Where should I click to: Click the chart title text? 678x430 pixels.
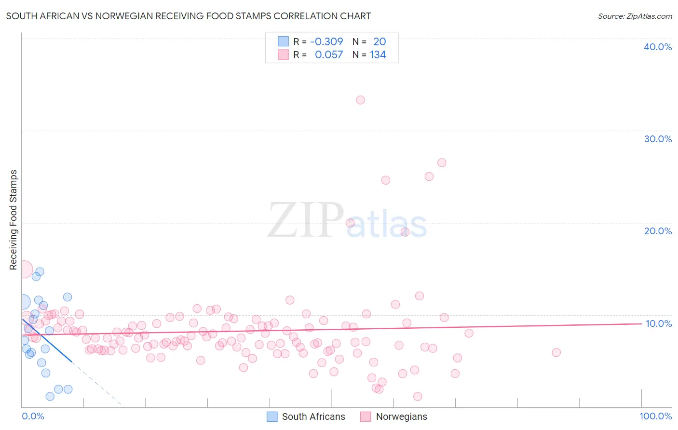click(x=188, y=16)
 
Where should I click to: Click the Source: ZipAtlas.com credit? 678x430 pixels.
click(x=635, y=16)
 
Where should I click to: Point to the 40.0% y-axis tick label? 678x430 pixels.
click(x=657, y=47)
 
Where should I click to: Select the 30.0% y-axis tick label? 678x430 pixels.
click(x=657, y=139)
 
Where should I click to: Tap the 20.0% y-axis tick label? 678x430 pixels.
click(x=657, y=231)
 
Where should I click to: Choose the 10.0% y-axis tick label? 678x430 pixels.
click(x=658, y=323)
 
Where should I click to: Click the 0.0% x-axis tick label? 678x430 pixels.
click(x=33, y=416)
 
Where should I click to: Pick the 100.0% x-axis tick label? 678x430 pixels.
click(x=655, y=416)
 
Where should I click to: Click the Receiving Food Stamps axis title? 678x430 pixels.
click(x=14, y=220)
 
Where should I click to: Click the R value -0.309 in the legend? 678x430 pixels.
click(x=326, y=42)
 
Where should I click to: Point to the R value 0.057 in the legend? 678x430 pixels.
click(x=328, y=55)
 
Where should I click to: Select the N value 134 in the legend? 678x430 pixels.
click(x=378, y=55)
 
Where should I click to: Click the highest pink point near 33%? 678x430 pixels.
click(x=360, y=100)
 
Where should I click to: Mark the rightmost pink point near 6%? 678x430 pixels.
click(x=556, y=352)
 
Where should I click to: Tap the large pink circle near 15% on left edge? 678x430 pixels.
click(x=24, y=269)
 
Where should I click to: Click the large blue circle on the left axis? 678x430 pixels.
click(x=23, y=302)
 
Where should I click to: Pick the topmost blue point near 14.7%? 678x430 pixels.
click(x=40, y=272)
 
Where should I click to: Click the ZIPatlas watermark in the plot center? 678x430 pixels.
click(x=347, y=221)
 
